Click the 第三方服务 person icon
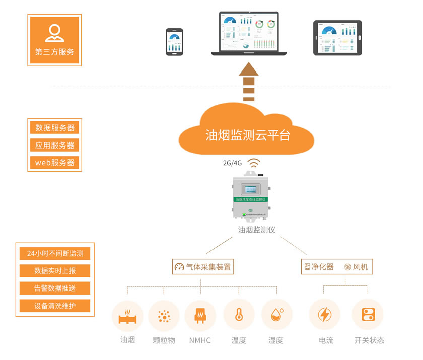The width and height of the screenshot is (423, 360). pyautogui.click(x=54, y=32)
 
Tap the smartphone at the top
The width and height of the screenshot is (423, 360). pyautogui.click(x=174, y=42)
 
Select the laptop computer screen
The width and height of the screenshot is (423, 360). pyautogui.click(x=249, y=32)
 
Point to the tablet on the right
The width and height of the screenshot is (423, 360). pyautogui.click(x=337, y=37)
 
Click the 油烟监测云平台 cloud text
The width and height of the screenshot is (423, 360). pyautogui.click(x=248, y=135)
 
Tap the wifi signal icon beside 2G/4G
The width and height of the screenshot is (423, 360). pyautogui.click(x=254, y=163)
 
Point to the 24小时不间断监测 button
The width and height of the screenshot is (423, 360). pyautogui.click(x=55, y=253)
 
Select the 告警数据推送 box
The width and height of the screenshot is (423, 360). pyautogui.click(x=55, y=288)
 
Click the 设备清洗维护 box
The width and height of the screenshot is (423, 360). pyautogui.click(x=55, y=306)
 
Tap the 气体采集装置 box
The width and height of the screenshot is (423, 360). pyautogui.click(x=203, y=267)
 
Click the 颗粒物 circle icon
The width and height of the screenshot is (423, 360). pyautogui.click(x=164, y=316)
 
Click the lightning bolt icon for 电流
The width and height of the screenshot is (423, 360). pyautogui.click(x=324, y=315)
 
